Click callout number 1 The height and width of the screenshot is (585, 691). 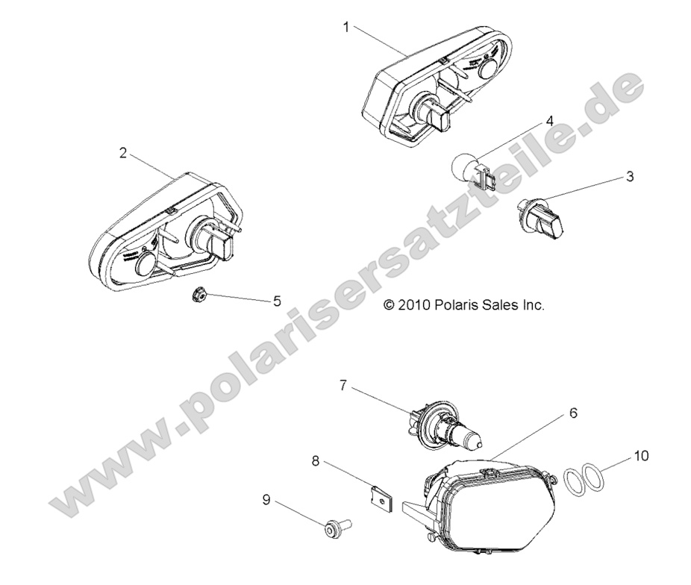click(346, 27)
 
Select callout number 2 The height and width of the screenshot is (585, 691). click(122, 154)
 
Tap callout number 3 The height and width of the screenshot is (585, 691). click(630, 177)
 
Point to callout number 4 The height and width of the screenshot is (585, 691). click(549, 120)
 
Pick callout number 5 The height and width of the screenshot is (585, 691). click(256, 301)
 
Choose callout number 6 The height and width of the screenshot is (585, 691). click(573, 412)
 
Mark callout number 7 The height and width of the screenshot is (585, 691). click(343, 386)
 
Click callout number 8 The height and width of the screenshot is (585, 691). click(316, 462)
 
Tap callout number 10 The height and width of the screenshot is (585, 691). click(640, 454)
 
